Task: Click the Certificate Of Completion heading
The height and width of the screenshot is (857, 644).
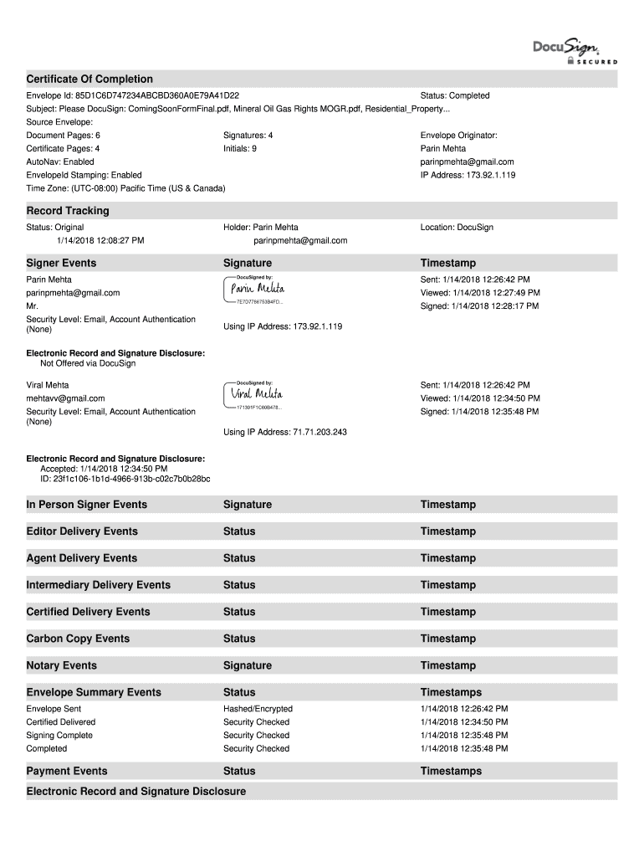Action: tap(89, 79)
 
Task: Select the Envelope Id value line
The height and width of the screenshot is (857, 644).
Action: tap(133, 95)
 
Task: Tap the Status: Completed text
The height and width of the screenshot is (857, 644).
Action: tap(455, 95)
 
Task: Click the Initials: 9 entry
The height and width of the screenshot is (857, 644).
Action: tap(240, 148)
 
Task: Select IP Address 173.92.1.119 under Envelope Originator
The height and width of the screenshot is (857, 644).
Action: tap(468, 175)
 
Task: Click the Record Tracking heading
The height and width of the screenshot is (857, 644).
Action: tap(68, 211)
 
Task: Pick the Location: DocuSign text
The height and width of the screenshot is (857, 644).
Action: tap(457, 227)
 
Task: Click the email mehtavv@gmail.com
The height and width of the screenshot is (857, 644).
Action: tap(66, 398)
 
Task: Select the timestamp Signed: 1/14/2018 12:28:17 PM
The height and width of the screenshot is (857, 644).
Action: tap(479, 306)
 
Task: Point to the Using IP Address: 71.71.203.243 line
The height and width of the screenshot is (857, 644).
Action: tap(285, 432)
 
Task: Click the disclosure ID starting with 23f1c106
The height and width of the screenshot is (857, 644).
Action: tap(125, 479)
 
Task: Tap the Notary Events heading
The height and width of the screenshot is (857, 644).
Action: tap(62, 665)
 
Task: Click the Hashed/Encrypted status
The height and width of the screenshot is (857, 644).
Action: tap(258, 708)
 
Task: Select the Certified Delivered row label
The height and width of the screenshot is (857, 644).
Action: tap(61, 721)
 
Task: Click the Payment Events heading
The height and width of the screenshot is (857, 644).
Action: tap(67, 771)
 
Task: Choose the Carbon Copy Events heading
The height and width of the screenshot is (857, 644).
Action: tap(78, 639)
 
